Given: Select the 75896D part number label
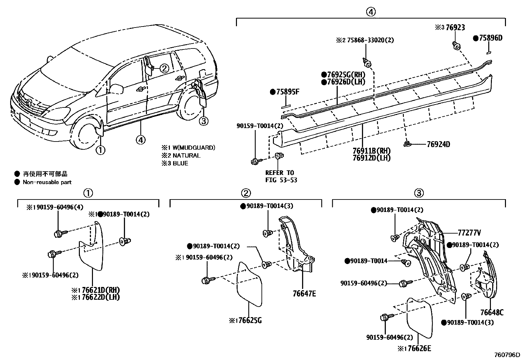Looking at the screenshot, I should click(490, 38).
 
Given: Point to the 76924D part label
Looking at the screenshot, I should click(438, 144).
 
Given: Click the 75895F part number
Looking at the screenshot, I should click(288, 92).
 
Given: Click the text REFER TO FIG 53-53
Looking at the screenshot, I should click(280, 176).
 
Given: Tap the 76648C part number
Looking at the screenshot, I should click(492, 313).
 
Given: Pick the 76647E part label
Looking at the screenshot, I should click(304, 294).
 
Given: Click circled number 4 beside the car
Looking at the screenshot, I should click(140, 140).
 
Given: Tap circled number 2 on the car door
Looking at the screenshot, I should click(164, 68).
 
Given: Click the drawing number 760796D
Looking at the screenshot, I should click(507, 355).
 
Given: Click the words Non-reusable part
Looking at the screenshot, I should click(47, 182).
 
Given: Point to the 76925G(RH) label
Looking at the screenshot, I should click(343, 75).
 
